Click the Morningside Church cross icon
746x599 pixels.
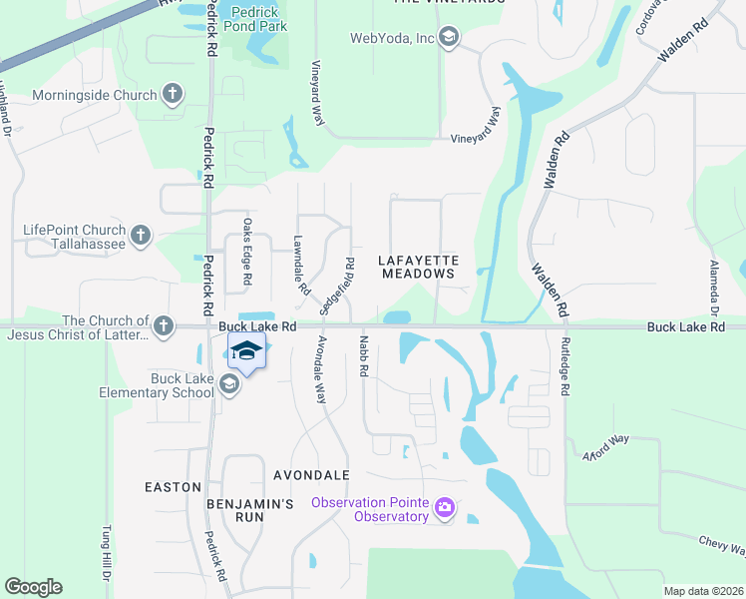click(173, 95)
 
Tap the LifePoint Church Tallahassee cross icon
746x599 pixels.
click(141, 236)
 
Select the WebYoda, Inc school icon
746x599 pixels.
click(448, 38)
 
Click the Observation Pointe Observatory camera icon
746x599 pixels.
click(445, 509)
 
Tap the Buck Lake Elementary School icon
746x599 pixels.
click(229, 385)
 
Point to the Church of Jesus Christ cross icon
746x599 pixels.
click(163, 325)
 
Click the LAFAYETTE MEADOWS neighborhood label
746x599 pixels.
click(418, 267)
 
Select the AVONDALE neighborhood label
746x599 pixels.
click(311, 474)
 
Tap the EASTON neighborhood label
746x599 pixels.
click(173, 487)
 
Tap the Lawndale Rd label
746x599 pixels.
click(299, 265)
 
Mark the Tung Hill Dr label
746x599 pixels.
click(104, 554)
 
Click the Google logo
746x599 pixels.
click(33, 587)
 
